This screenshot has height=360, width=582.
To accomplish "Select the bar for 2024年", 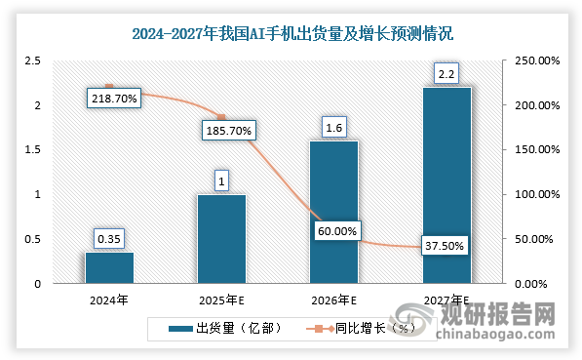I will coord(109,267).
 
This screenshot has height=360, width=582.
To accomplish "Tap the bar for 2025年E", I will coord(221,239).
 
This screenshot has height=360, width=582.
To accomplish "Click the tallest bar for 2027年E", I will coord(446,185).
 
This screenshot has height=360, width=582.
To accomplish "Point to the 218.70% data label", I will coord(113,98).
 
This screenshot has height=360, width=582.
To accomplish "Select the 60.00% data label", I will coord(338,231).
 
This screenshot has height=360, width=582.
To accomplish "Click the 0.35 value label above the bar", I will coord(109,238).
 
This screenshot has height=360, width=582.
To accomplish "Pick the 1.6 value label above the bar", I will coord(333,126).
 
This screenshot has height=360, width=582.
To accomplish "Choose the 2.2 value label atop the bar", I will coord(446,72).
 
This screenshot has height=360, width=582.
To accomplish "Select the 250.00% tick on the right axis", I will coord(536,60).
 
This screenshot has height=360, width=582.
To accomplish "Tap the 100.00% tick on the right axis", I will coord(536,194).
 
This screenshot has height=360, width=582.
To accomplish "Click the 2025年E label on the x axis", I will coord(221,300).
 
